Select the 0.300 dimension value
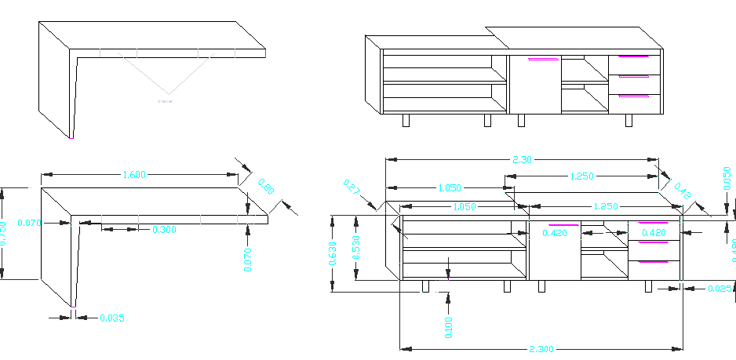coord(164,230)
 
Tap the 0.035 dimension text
coord(112,318)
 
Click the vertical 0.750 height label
coord(3,233)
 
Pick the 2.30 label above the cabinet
coord(522,159)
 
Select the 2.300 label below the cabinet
coord(542,349)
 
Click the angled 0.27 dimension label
coord(351,188)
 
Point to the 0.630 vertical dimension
coord(333,253)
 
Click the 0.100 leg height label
coord(448,328)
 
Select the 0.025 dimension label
coord(720,289)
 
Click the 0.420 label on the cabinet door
coord(555,233)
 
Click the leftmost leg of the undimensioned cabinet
coord(406,120)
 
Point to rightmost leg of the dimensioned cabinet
coord(649,286)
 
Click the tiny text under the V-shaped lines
coord(166,101)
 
